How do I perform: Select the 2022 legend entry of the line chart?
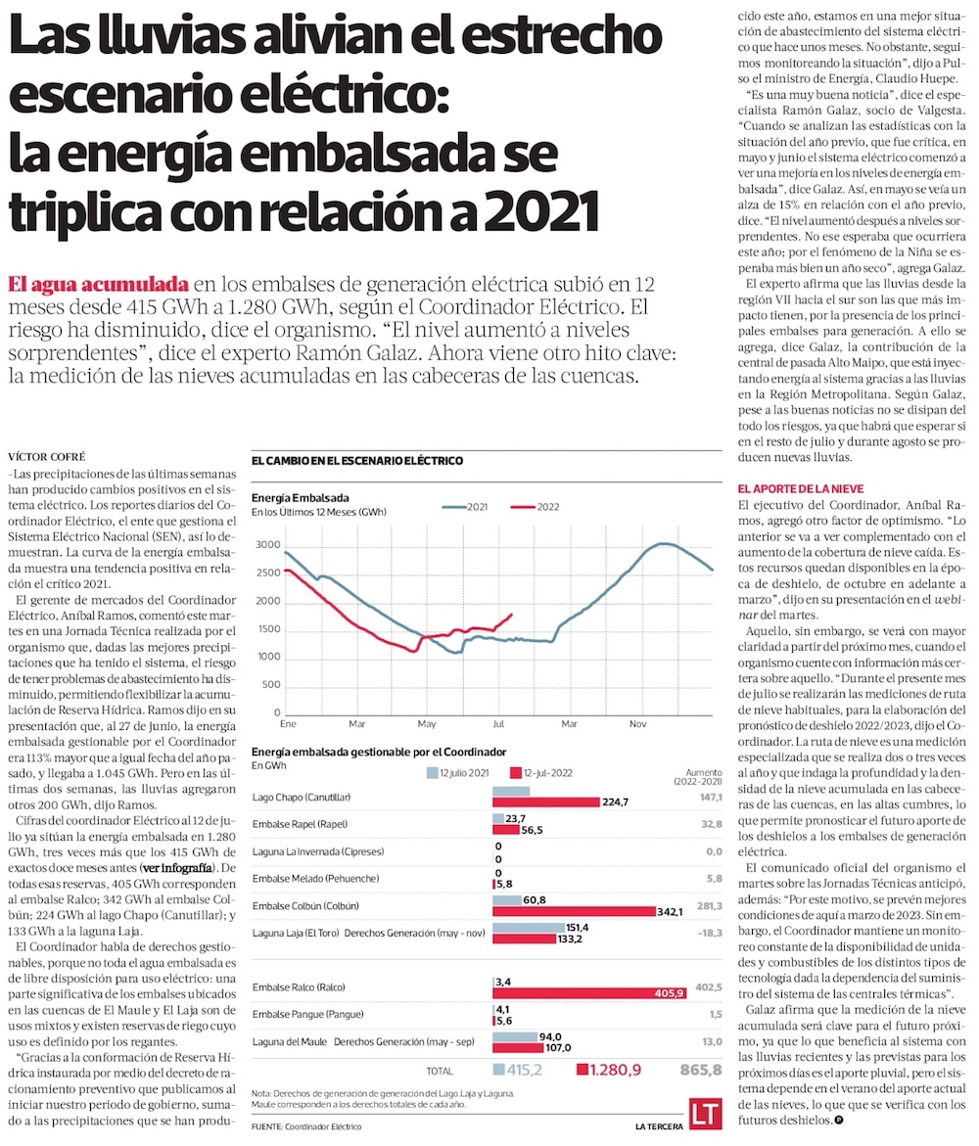tap(535, 506)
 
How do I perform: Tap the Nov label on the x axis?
tap(637, 723)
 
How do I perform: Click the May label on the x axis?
tap(427, 723)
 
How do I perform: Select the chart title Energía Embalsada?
tap(301, 497)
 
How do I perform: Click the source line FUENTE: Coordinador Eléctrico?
tap(306, 1126)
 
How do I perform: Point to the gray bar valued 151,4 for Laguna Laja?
tap(529, 926)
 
